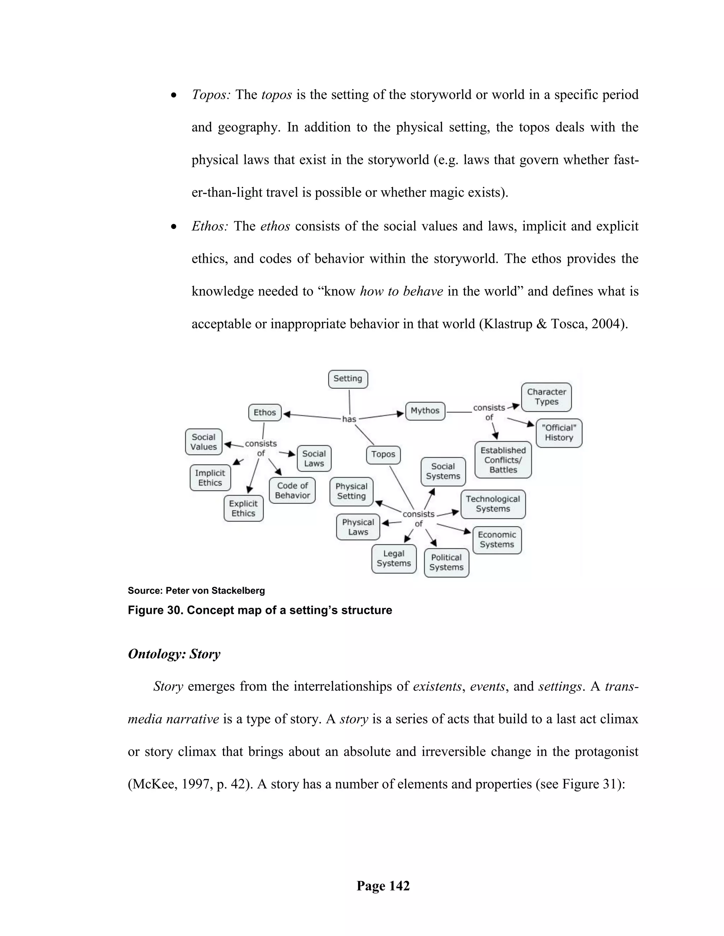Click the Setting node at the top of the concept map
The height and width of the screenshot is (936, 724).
[348, 379]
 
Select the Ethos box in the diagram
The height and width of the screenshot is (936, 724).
[265, 412]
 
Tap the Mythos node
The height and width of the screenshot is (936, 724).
[425, 410]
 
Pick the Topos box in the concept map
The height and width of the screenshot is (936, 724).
[383, 454]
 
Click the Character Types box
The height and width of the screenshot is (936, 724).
[546, 397]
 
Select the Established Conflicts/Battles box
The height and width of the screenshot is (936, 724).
[503, 460]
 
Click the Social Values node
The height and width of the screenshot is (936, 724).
[203, 442]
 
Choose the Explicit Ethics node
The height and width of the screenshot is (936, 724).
[243, 508]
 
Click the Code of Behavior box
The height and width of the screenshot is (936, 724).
[292, 490]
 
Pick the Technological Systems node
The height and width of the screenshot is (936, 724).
[492, 504]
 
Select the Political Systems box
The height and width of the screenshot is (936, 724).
[446, 562]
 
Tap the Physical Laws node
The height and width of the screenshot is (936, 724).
[358, 527]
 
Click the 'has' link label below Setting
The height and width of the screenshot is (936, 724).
[349, 419]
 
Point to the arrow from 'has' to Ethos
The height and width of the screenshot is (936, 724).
[311, 416]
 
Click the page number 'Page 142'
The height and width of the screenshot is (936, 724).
[383, 885]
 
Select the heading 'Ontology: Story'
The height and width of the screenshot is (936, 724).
[174, 654]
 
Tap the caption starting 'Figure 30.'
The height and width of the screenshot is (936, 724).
[259, 610]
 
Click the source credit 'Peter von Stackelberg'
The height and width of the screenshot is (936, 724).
[215, 591]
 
